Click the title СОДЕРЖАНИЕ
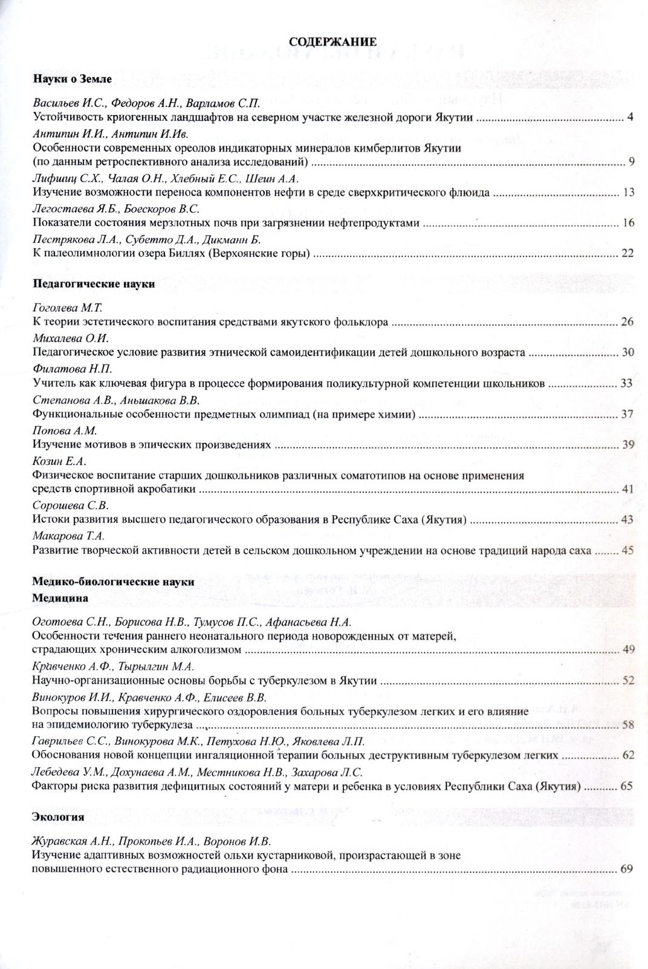coord(332,42)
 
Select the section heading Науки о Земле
coord(72,79)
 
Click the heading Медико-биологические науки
coord(112,582)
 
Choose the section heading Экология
coord(57,817)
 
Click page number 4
coord(630,117)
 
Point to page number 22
coord(627,253)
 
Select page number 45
coord(627,550)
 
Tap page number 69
coord(626,869)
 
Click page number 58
coord(627,725)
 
